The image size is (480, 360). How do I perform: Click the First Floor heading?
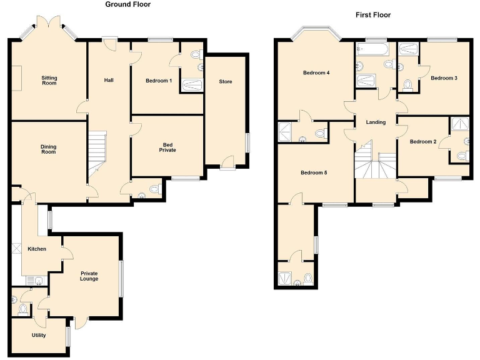(374, 14)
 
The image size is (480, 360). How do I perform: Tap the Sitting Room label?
(49, 80)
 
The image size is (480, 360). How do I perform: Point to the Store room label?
(225, 82)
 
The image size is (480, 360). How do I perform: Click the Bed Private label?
(167, 147)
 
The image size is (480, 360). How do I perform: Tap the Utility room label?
(39, 335)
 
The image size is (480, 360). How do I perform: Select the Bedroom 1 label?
(158, 81)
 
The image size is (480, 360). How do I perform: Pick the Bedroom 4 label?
(316, 72)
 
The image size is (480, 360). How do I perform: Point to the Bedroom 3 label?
(444, 78)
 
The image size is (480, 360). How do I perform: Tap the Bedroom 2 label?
(423, 142)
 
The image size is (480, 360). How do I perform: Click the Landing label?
(376, 122)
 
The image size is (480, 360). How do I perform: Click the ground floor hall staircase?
(96, 154)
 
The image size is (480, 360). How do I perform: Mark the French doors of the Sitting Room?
(49, 25)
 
